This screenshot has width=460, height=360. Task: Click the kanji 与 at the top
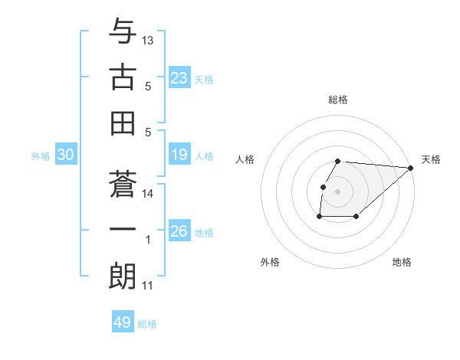[x=123, y=31]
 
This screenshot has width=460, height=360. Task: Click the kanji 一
[x=123, y=229]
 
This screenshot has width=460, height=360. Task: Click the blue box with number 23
[x=179, y=78]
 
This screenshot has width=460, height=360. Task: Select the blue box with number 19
[x=179, y=155]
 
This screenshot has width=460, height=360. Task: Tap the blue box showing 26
[x=179, y=231]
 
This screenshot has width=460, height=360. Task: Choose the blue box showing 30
[x=65, y=155]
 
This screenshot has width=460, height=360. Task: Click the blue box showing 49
[x=123, y=322]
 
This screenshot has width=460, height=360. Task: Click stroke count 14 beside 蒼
[x=148, y=194]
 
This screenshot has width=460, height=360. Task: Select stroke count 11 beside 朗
[x=148, y=286]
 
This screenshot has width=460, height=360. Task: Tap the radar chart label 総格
[x=337, y=100]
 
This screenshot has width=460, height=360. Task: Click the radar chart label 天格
[x=431, y=159]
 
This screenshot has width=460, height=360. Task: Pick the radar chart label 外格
[x=270, y=262]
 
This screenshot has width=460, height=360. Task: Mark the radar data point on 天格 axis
[x=410, y=168]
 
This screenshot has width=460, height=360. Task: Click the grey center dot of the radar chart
[x=337, y=191]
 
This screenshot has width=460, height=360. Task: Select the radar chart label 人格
[x=245, y=159]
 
